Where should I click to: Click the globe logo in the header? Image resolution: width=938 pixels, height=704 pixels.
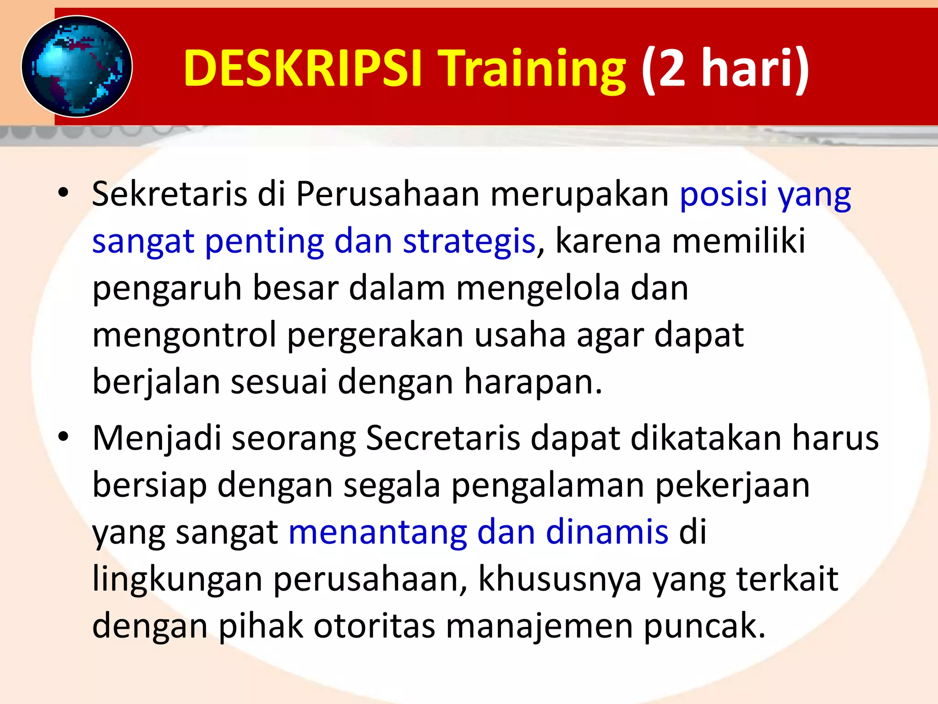tap(77, 67)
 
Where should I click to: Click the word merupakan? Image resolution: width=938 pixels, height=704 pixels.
tap(580, 194)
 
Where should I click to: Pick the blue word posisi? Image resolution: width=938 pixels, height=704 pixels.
tap(724, 194)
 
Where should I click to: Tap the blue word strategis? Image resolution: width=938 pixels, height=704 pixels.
tap(469, 242)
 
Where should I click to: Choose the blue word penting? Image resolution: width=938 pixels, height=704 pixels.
tap(264, 242)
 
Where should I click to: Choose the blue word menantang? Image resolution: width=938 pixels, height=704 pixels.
tap(377, 532)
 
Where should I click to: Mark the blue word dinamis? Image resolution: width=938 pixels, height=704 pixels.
tap(607, 532)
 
